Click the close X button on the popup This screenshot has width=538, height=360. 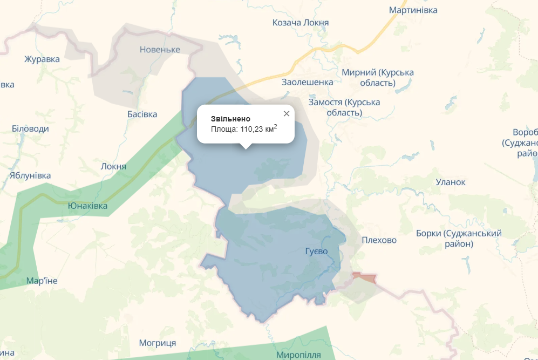287,113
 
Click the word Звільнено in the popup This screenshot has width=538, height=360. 230,119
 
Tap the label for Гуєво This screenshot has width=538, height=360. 316,251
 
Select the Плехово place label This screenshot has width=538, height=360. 379,240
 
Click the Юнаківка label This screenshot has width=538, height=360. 87,206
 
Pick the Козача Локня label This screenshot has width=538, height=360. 301,23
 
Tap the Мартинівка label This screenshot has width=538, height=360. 413,10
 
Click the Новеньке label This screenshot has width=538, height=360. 159,50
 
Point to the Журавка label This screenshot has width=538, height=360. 42,59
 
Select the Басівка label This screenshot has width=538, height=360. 142,114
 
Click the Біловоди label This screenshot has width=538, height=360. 30,128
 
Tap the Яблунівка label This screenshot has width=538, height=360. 30,175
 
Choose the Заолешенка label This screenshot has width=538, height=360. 308,82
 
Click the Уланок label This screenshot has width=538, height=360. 451,182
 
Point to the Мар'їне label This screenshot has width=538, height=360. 42,281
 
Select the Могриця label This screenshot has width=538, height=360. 158,343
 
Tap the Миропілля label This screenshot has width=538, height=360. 298,355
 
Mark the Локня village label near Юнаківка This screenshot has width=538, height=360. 113,166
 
